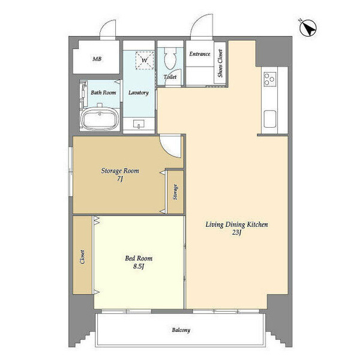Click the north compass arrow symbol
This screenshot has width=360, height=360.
click(308, 28)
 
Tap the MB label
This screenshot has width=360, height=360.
click(97, 59)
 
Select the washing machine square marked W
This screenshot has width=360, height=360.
click(145, 61)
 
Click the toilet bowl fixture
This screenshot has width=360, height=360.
click(170, 58)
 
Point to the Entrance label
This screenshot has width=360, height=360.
click(200, 54)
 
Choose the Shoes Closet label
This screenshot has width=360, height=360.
click(220, 64)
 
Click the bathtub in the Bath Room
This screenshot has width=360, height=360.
click(100, 119)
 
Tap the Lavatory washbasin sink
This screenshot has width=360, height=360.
click(139, 124)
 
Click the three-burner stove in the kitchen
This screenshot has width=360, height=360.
click(270, 79)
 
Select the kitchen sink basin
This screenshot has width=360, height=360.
click(270, 119)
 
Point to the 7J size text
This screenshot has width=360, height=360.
click(120, 179)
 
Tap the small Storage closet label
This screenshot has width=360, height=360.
click(175, 192)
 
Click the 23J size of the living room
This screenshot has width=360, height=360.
click(236, 233)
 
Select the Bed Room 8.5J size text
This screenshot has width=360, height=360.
click(139, 266)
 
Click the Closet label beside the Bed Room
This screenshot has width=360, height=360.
click(82, 257)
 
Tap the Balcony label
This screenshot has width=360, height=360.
click(181, 330)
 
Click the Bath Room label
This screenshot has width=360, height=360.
click(103, 93)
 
